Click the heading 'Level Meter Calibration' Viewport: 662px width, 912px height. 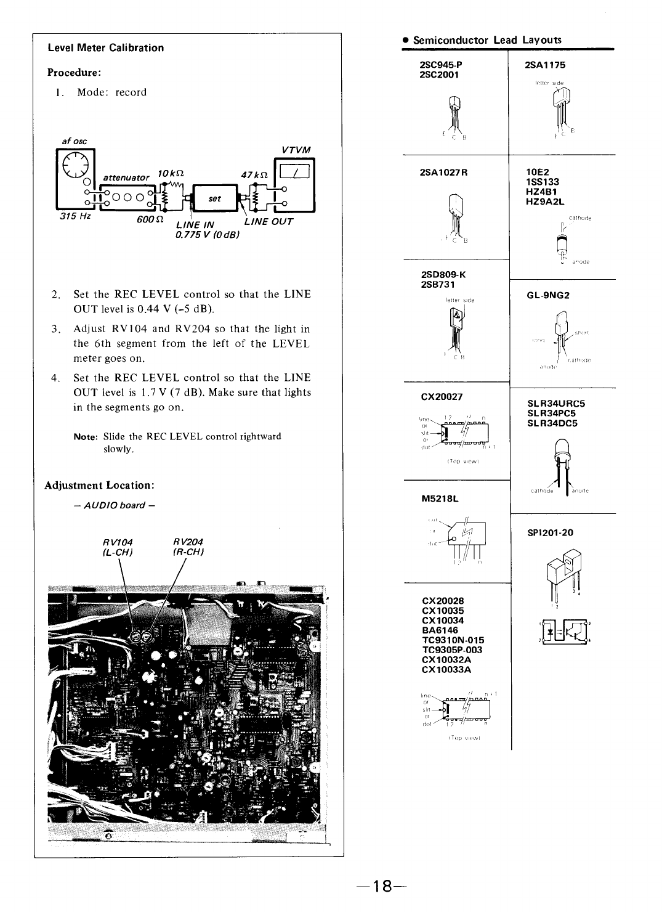[x=106, y=48]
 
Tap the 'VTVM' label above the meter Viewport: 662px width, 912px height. [x=296, y=150]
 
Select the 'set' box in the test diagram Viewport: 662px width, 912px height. [x=214, y=198]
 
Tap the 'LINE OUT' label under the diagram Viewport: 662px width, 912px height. [x=268, y=221]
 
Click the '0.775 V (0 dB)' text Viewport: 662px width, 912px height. [x=207, y=234]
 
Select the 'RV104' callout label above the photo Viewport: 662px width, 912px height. [x=118, y=542]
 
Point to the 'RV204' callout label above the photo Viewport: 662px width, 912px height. [x=188, y=542]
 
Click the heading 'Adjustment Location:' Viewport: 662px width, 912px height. [x=99, y=486]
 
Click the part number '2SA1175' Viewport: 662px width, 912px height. [x=545, y=65]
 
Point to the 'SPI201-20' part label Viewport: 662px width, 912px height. [x=550, y=532]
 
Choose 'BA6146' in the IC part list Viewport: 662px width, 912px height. [x=440, y=630]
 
